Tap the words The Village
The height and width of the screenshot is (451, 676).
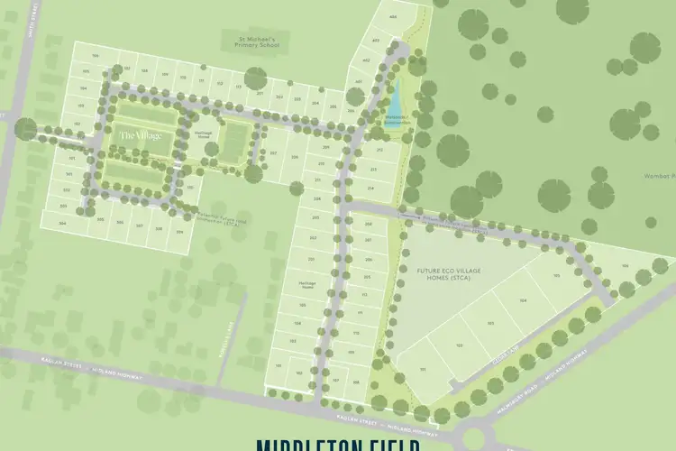point(141,135)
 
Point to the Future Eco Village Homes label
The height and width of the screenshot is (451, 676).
point(445,273)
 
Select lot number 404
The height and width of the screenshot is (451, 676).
point(392,17)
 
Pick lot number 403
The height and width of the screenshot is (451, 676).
point(376,40)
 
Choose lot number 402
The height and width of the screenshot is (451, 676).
point(367,60)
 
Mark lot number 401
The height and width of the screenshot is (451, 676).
point(359,82)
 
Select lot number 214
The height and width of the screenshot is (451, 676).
point(370,188)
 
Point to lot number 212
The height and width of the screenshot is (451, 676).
point(379,149)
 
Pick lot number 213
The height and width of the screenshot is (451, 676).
point(372,169)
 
